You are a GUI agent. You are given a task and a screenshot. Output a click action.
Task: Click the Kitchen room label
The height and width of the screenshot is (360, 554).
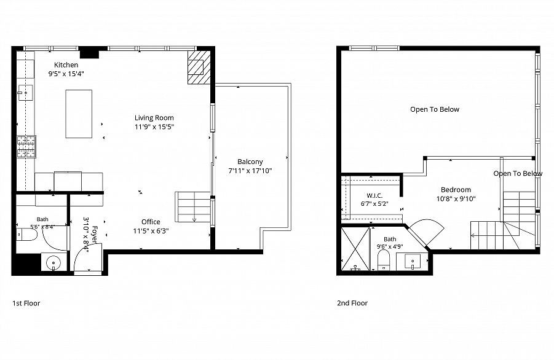click(66, 65)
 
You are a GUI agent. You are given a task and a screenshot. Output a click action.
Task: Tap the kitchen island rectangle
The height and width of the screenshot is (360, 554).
click(79, 114)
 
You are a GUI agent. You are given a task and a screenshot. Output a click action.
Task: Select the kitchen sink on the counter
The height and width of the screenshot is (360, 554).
click(25, 93)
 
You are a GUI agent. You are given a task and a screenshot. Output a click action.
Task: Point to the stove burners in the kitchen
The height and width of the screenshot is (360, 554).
click(26, 146)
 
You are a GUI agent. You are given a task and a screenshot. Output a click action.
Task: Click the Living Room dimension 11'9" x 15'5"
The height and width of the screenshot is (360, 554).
click(154, 127)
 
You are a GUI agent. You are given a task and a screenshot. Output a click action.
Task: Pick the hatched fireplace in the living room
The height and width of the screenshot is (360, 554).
click(199, 67)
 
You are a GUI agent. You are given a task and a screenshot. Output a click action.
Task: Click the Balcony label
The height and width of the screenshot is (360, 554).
click(250, 162)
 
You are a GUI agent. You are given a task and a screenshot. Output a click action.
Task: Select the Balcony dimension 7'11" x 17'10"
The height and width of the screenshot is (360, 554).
click(250, 171)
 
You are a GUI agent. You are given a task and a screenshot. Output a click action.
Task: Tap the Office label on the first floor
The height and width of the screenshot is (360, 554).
click(151, 222)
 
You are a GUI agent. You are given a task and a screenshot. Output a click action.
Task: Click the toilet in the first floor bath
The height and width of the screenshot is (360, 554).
click(27, 234)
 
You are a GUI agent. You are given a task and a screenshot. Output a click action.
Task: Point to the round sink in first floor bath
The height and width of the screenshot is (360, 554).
click(53, 263)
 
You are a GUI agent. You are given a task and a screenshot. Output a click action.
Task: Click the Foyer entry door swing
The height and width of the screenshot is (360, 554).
click(87, 257)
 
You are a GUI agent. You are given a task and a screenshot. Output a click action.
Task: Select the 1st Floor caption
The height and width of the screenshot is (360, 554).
click(26, 303)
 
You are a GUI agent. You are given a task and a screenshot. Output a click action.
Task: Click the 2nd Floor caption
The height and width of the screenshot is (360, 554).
click(352, 303)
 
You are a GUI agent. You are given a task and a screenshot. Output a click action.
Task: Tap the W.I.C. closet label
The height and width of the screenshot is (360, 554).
click(374, 195)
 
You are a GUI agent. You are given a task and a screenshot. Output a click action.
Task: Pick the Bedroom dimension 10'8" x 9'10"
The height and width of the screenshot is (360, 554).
click(456, 198)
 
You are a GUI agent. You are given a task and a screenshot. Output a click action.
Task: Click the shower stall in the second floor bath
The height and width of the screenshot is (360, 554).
click(355, 249)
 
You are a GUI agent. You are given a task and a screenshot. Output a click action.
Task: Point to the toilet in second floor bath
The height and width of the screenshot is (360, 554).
click(383, 260)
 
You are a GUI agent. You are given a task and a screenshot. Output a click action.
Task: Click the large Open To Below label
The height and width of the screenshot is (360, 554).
click(435, 109)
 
